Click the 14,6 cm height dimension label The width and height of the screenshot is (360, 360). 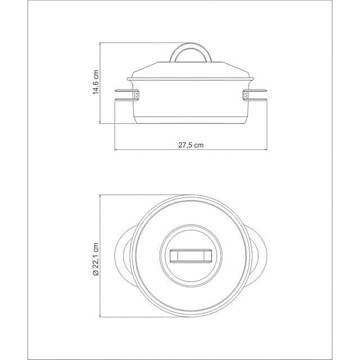96,82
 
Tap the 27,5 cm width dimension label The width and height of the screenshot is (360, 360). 191,145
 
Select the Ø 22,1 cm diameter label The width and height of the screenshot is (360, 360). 96,259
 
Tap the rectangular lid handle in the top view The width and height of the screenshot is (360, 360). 191,255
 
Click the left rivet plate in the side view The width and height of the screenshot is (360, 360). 137,95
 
